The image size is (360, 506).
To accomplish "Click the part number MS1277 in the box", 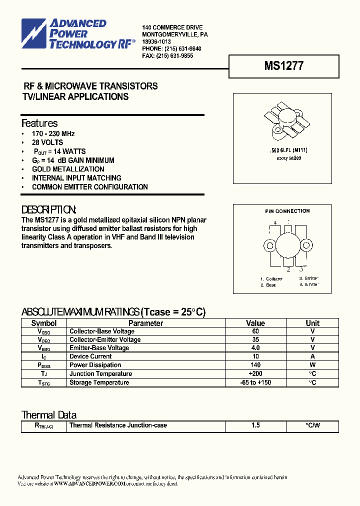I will [283, 66].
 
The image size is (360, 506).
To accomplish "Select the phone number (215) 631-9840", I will [178, 48].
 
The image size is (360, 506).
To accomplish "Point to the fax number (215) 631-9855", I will [174, 56].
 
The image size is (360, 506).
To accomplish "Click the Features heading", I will [39, 123].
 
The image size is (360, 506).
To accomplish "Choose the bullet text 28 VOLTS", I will [47, 142].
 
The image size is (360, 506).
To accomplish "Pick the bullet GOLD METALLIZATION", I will [68, 169].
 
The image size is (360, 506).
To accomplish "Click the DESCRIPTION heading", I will [49, 209].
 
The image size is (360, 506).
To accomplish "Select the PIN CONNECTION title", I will [287, 211].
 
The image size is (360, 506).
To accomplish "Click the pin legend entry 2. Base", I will [268, 284].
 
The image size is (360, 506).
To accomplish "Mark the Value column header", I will [255, 323].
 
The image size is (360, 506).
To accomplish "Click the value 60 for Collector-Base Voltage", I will [255, 331].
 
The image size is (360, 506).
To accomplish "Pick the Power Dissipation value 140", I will [255, 365].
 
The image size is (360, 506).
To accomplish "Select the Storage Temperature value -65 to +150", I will [255, 382].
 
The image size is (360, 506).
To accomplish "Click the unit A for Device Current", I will [312, 356].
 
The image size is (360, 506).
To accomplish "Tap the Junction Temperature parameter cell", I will [100, 374].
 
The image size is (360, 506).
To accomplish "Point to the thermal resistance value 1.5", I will [255, 425].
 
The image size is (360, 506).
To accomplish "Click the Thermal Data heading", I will [49, 415].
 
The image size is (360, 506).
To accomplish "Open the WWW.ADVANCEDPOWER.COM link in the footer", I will [89, 483].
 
